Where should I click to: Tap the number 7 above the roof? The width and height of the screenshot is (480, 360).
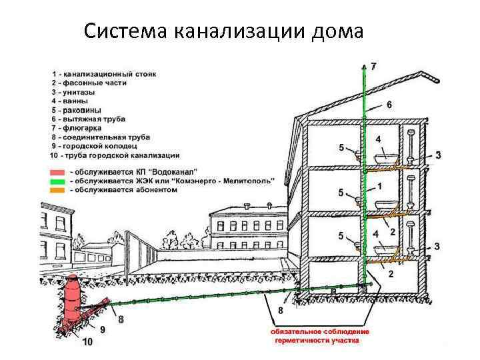[x=373, y=66]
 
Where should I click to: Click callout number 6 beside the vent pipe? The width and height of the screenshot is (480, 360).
[x=389, y=105]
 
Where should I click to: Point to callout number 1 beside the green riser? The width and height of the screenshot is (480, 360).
[x=379, y=185]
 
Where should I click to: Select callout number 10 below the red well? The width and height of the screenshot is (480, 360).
[x=87, y=343]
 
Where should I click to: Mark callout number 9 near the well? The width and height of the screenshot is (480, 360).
[x=102, y=329]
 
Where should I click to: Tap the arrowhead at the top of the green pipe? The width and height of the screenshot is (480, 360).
[x=364, y=67]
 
